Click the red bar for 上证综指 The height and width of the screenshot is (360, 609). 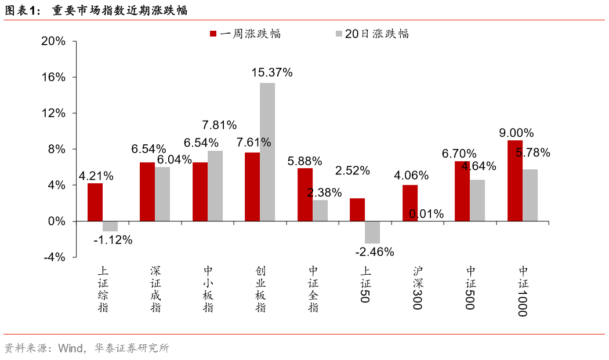(x=95, y=202)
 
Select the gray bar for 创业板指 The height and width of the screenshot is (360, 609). (x=267, y=152)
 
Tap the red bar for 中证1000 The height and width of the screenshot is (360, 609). (x=514, y=181)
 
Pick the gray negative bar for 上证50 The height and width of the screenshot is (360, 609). (x=372, y=232)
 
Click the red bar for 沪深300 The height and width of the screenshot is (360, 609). (x=409, y=203)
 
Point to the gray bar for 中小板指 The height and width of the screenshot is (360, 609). (x=215, y=186)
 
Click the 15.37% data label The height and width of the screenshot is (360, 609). (x=272, y=72)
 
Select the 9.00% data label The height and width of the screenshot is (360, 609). (x=516, y=133)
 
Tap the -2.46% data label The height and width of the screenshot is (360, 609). (x=374, y=252)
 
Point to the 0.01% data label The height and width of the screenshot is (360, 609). (x=426, y=214)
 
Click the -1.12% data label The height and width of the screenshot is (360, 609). (x=113, y=239)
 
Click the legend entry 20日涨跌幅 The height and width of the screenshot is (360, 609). (x=372, y=34)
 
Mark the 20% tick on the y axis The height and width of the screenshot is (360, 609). (x=53, y=42)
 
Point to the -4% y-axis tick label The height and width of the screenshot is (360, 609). (x=54, y=257)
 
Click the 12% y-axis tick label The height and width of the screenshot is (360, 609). (x=53, y=114)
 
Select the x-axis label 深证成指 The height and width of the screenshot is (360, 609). (x=155, y=289)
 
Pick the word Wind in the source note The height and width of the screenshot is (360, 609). (x=70, y=348)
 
